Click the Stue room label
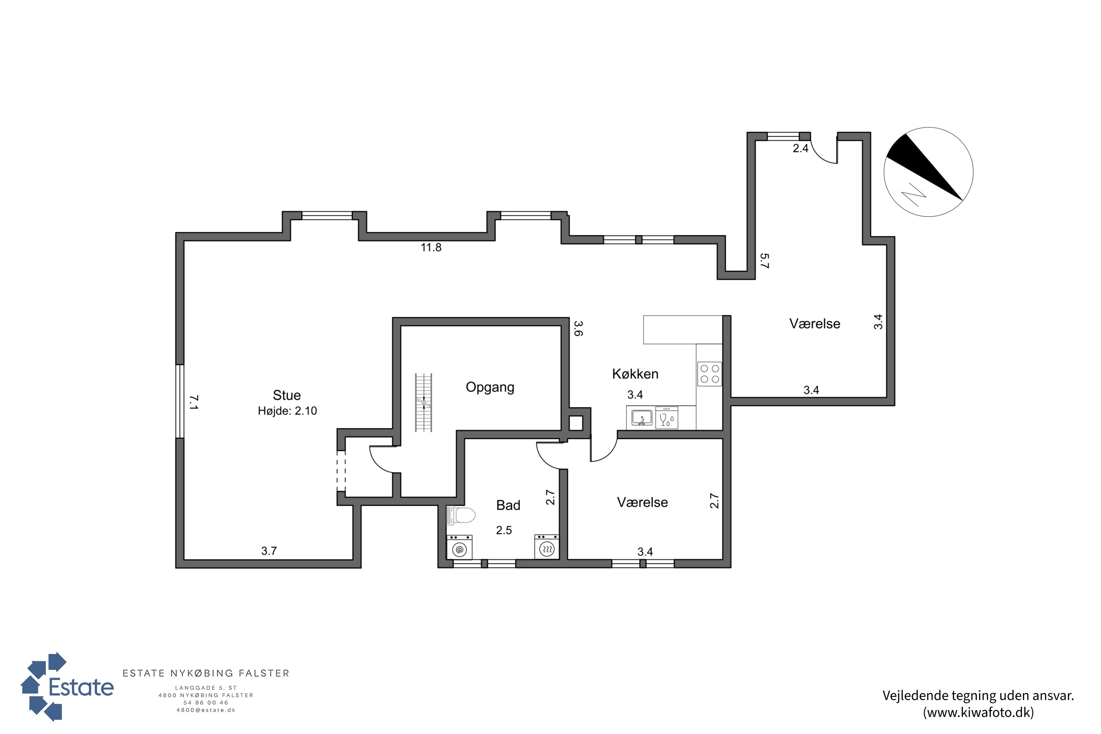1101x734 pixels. (x=287, y=395)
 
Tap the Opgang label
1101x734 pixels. (x=490, y=388)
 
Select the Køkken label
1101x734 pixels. (x=635, y=374)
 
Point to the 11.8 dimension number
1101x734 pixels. (x=430, y=247)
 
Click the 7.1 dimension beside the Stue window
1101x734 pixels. (x=194, y=403)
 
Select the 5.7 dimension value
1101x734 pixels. (x=764, y=261)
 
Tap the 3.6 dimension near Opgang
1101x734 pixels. (x=578, y=328)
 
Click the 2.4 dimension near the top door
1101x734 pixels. (x=800, y=148)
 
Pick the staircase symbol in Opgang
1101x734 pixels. (x=424, y=403)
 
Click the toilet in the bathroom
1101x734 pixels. (x=461, y=515)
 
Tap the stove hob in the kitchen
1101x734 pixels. (x=709, y=374)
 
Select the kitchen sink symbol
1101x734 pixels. (x=642, y=418)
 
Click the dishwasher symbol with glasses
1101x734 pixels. (x=666, y=418)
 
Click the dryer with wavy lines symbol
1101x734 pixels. (x=546, y=546)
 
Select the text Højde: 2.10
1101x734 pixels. (x=287, y=411)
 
